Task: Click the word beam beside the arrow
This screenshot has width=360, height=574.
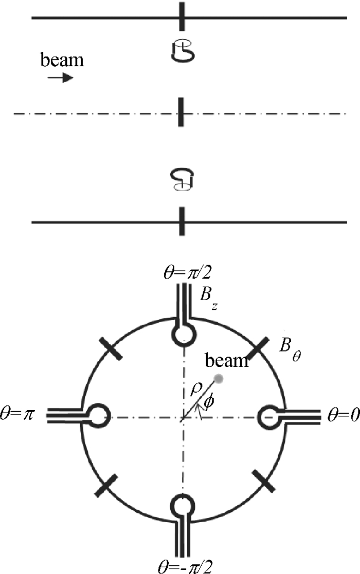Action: [x=62, y=61]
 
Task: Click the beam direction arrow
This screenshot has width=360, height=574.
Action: [x=61, y=78]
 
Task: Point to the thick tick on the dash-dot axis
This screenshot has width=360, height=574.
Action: [x=181, y=113]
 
